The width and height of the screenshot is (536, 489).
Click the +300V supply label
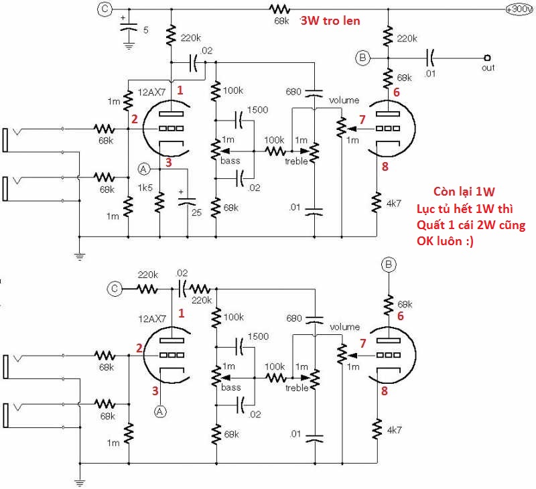519,9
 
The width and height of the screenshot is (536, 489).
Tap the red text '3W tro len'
330,21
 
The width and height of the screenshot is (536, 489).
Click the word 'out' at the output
489,69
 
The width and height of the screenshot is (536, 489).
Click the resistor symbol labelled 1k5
160,201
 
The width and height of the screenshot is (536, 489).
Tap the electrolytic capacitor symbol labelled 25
188,200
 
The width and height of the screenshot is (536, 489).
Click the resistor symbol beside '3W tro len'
279,9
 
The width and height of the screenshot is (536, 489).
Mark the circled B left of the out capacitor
362,58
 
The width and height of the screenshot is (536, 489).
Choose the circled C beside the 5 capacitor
103,9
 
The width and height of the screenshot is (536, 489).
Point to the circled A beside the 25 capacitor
143,168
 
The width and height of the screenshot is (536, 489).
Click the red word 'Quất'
431,225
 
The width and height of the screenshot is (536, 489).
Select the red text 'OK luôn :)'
444,241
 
